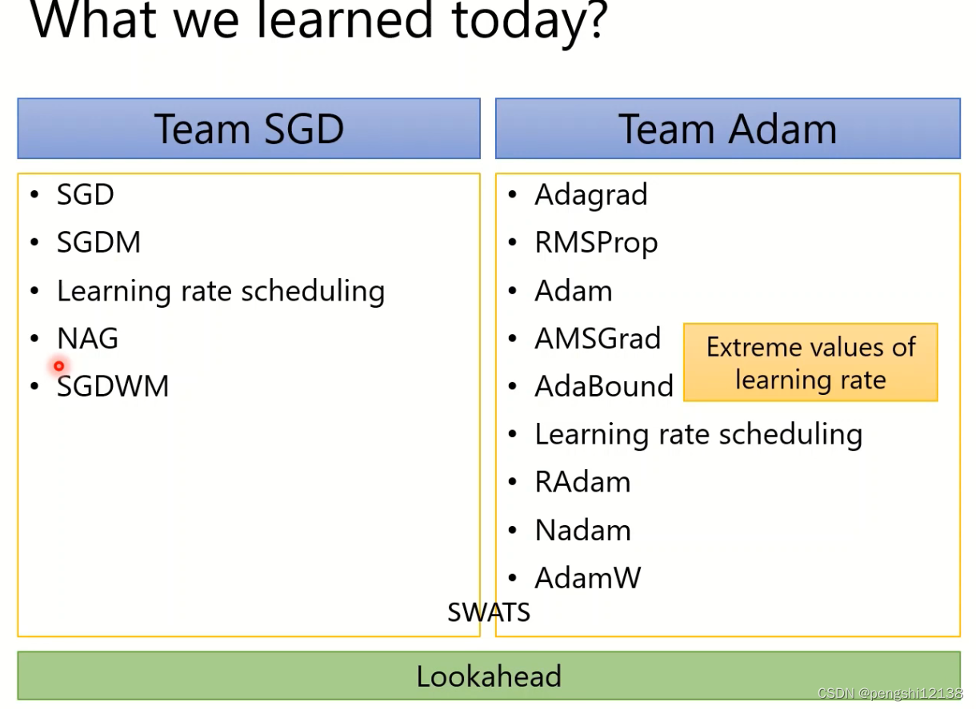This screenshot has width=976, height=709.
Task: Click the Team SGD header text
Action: click(x=249, y=129)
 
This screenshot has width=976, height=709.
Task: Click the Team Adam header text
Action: click(x=727, y=129)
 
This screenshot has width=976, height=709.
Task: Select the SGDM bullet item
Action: click(x=99, y=242)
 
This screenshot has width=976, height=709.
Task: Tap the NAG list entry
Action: click(x=87, y=338)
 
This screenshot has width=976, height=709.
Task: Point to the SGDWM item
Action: click(x=113, y=386)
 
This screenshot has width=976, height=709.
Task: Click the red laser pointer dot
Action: click(x=59, y=366)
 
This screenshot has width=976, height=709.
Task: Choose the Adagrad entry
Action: click(x=591, y=195)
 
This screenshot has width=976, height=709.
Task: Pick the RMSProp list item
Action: click(x=596, y=243)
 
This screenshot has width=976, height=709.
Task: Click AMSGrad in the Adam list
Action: click(x=598, y=338)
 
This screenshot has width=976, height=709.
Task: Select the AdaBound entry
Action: click(x=604, y=386)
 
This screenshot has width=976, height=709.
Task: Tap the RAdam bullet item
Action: click(x=582, y=482)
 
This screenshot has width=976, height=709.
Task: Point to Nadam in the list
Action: click(x=583, y=530)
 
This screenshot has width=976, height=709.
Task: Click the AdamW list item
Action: click(x=588, y=578)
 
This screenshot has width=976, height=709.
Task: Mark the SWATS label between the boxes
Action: click(x=489, y=612)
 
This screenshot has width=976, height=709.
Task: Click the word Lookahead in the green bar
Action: click(x=489, y=676)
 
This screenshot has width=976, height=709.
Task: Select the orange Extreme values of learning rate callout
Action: click(x=810, y=362)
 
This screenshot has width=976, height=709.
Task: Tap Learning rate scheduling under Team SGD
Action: click(x=221, y=292)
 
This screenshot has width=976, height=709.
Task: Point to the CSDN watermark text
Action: click(x=890, y=693)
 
